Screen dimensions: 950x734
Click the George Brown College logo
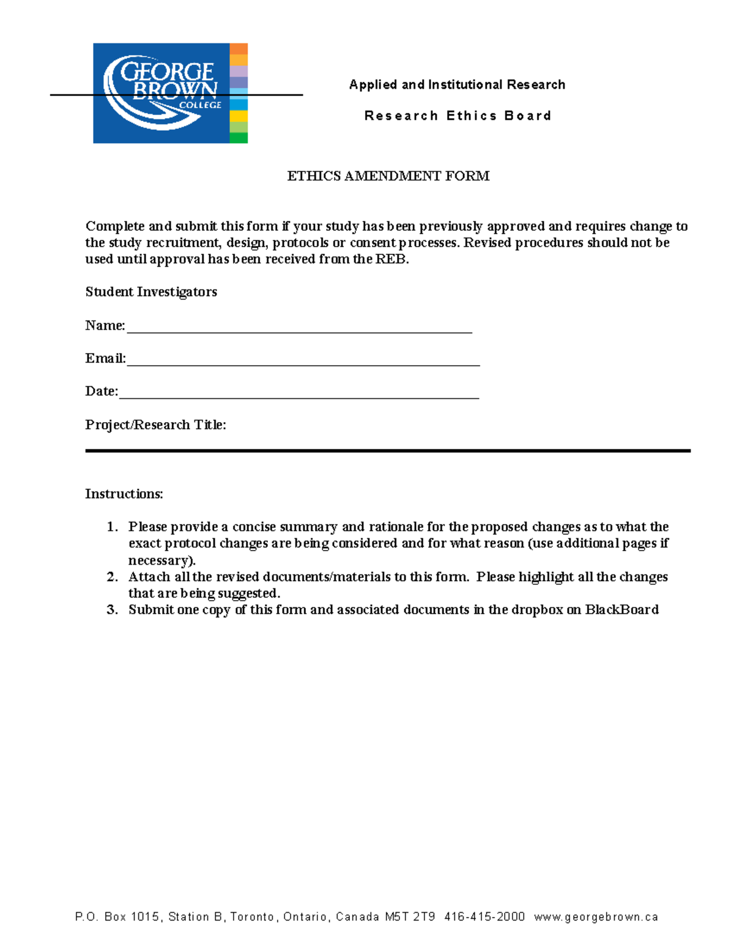170,93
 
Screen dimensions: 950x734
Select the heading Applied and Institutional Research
457,84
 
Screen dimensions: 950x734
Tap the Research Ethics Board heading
458,116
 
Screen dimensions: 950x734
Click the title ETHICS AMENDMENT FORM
388,176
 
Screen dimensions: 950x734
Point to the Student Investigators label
151,292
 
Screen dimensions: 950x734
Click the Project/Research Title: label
155,425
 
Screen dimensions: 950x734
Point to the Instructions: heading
124,494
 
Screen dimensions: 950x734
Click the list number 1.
111,527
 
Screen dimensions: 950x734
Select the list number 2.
111,577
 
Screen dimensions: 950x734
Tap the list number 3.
111,610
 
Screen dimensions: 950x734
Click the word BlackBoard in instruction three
621,610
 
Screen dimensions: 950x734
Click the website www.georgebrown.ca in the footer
596,917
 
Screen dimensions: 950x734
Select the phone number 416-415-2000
484,917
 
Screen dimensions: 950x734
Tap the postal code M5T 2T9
410,917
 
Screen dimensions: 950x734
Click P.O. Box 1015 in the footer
117,917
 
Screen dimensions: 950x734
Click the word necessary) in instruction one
161,560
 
